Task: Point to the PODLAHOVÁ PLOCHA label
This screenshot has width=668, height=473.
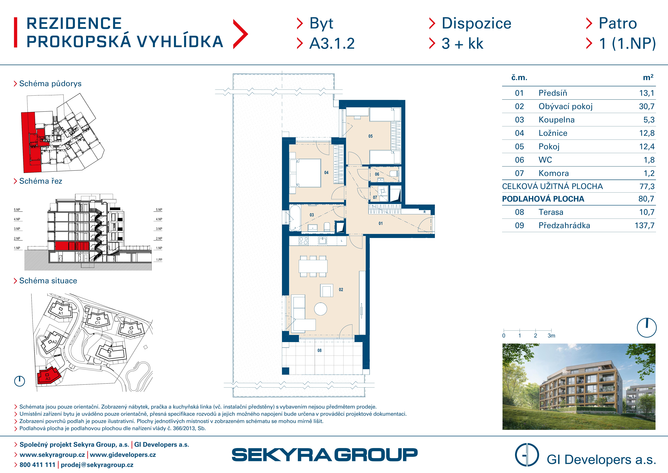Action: pos(543,199)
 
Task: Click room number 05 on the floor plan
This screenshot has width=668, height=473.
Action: pos(370,136)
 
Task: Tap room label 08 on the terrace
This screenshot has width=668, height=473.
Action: pos(319,350)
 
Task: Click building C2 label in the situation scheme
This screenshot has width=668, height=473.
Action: pos(130,332)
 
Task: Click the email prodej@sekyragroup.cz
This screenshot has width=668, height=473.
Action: pos(97,465)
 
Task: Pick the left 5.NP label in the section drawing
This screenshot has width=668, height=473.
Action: pos(17,210)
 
